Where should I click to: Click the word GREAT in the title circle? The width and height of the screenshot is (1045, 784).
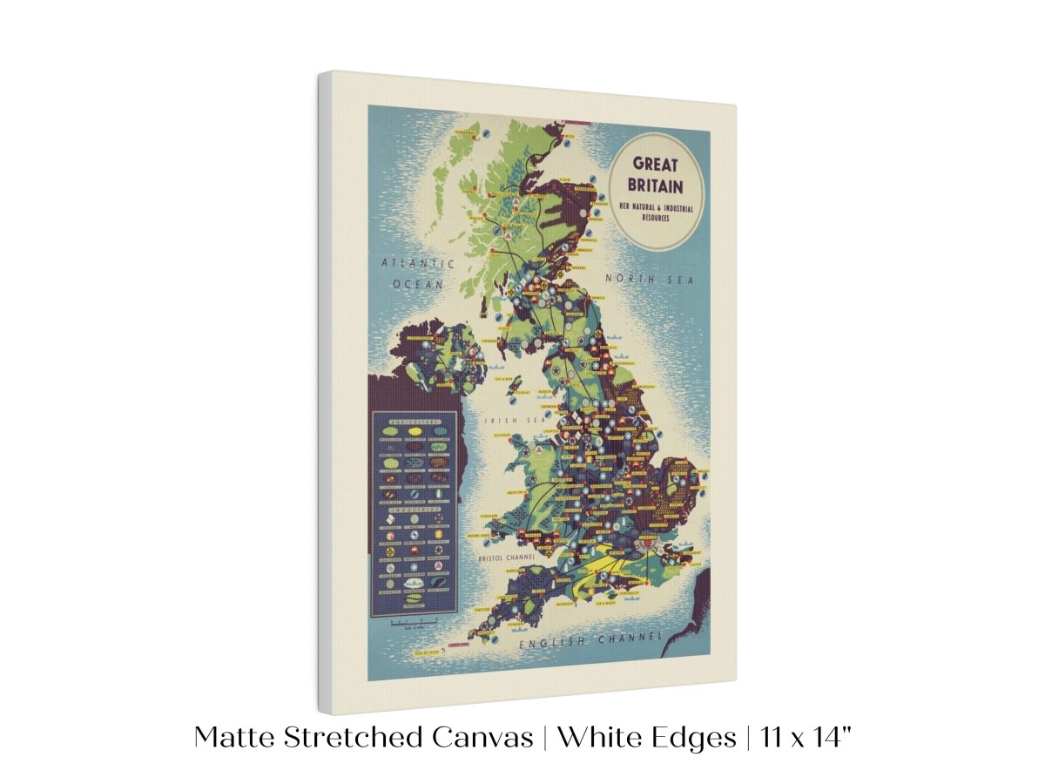pos(656,163)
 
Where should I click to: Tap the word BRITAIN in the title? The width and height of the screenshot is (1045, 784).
pos(656,185)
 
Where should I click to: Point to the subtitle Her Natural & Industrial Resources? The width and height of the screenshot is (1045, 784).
pos(655,210)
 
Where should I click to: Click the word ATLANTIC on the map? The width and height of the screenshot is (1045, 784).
pos(419,263)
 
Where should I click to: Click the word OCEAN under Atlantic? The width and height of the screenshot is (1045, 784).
pos(418,284)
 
